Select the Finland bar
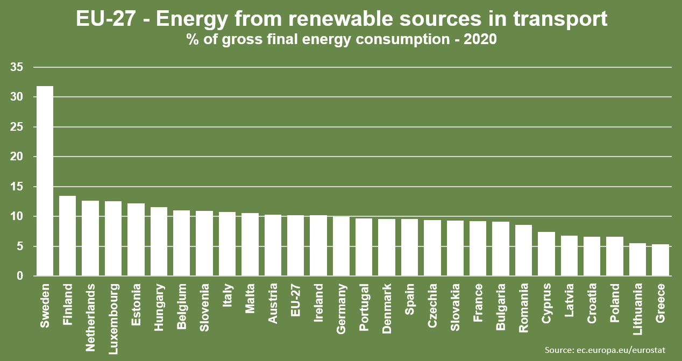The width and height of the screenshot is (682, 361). click(x=67, y=236)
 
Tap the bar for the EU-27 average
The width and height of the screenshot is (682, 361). click(x=295, y=246)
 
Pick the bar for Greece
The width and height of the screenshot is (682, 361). click(x=660, y=260)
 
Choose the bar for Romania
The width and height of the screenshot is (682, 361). click(x=523, y=251)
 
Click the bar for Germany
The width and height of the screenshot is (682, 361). click(x=341, y=246)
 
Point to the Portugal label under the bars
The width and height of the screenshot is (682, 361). click(x=364, y=309)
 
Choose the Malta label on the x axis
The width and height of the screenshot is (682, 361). click(x=250, y=299)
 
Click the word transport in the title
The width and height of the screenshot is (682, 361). click(x=560, y=19)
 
